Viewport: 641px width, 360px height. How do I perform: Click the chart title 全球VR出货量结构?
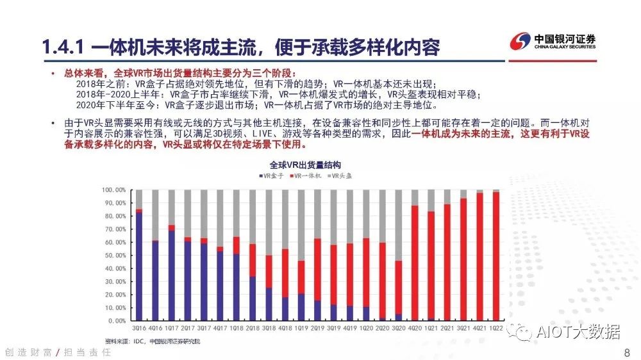(x=304, y=165)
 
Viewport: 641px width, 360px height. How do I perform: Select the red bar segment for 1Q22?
(x=495, y=256)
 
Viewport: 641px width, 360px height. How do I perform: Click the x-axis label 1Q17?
(x=171, y=327)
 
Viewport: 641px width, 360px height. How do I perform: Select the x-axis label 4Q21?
(x=479, y=327)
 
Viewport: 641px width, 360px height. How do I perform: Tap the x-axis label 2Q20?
(x=382, y=327)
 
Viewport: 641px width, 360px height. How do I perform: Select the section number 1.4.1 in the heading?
(x=62, y=47)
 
